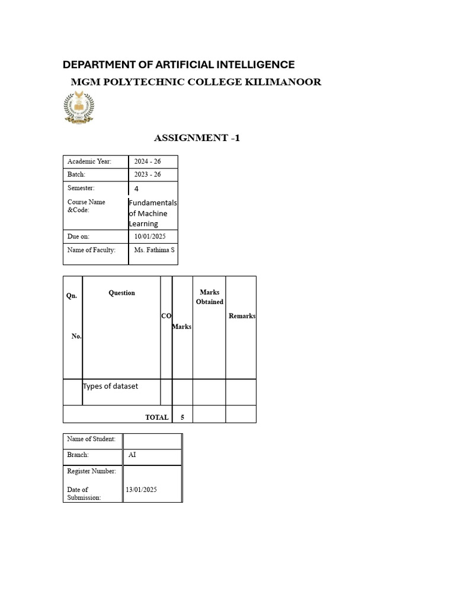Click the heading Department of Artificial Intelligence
[x=178, y=65]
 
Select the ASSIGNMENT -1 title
[x=197, y=138]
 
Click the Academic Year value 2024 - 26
[x=148, y=161]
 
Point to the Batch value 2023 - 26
[x=148, y=174]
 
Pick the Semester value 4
[x=136, y=189]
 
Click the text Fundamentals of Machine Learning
[x=152, y=213]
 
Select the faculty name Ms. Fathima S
[x=155, y=250]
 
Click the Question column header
[x=121, y=293]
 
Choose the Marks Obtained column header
[x=210, y=297]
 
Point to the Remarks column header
[x=242, y=316]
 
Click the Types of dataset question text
[x=111, y=386]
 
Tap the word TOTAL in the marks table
[x=157, y=417]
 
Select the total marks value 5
[x=182, y=417]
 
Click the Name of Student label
[x=91, y=439]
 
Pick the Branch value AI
[x=132, y=455]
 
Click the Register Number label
[x=92, y=471]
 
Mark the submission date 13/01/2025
[x=142, y=490]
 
